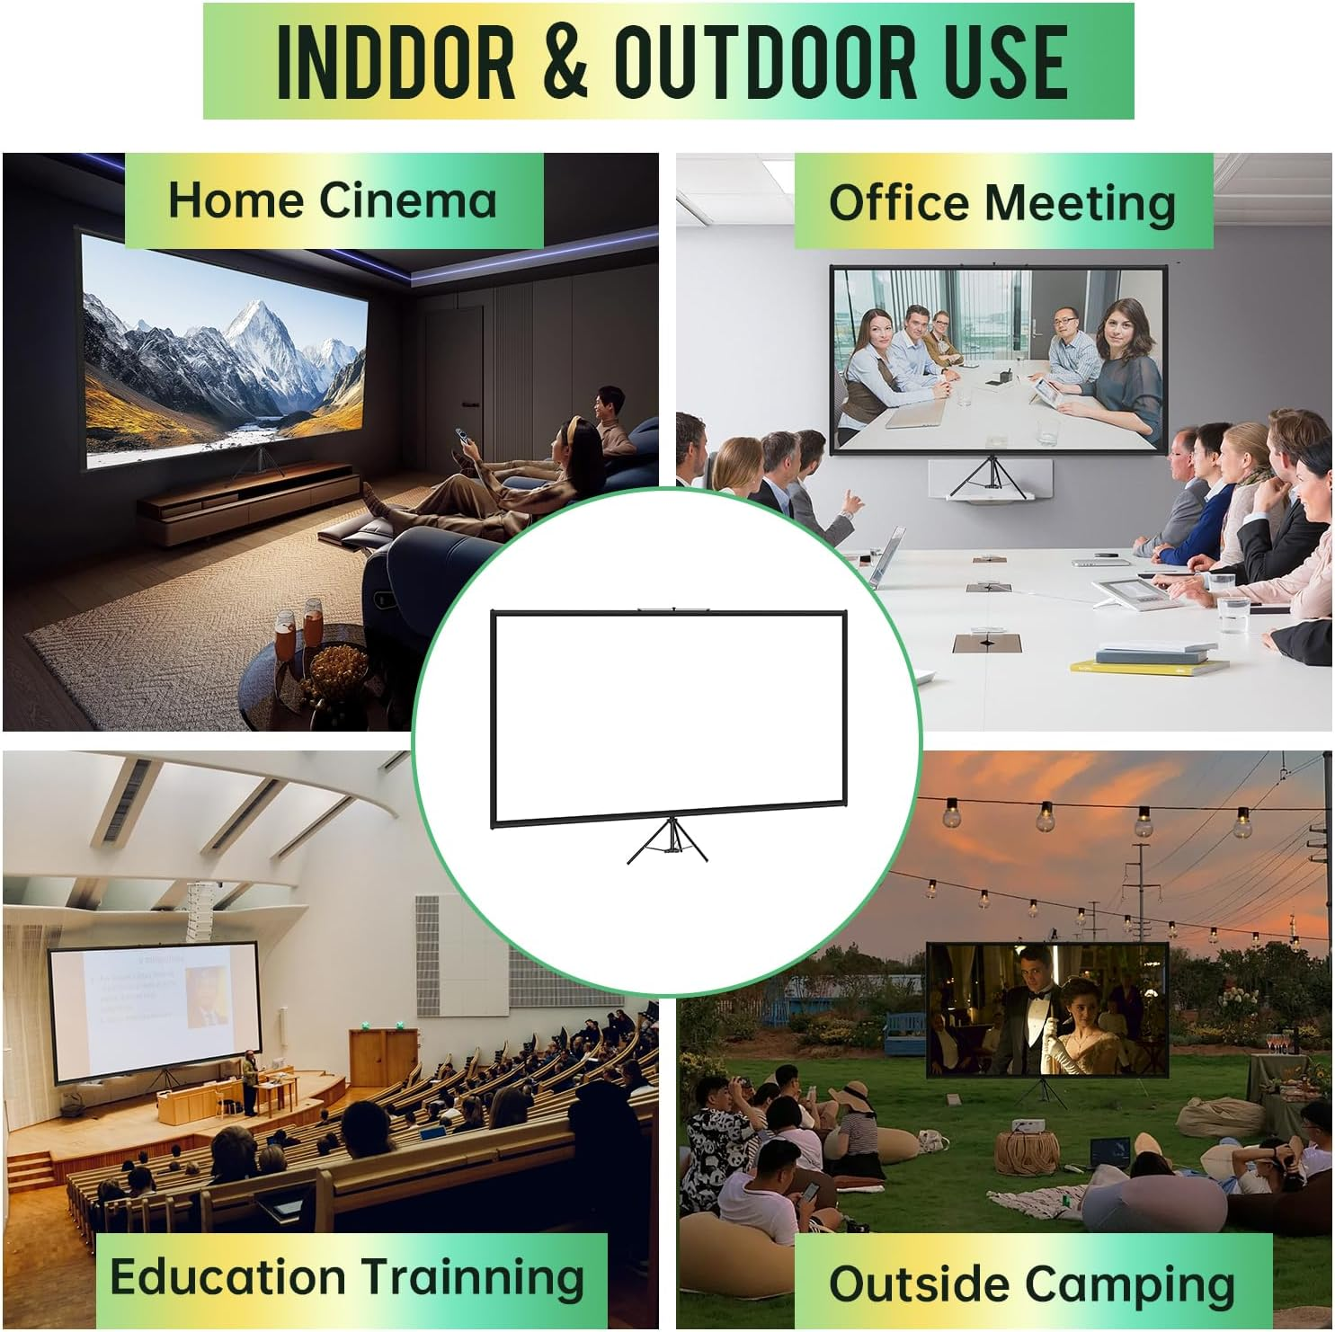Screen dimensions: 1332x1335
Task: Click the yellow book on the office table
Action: tap(1149, 668)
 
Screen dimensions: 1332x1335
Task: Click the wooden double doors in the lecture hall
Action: tap(385, 1059)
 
